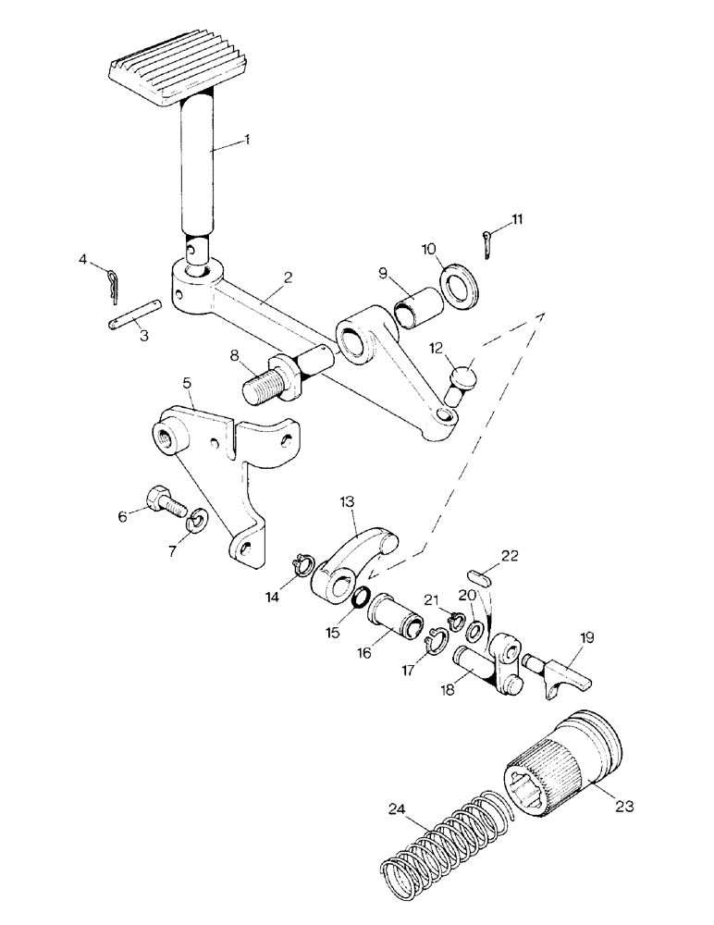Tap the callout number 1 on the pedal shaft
point(247,140)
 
